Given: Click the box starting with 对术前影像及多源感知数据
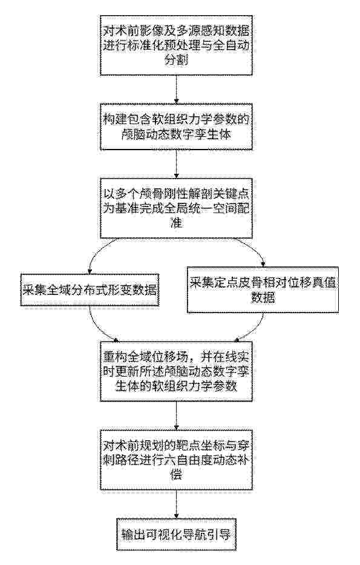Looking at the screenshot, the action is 177,45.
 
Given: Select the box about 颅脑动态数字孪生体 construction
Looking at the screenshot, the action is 177,127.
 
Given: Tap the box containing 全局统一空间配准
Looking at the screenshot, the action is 177,208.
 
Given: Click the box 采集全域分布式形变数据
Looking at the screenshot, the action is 90,290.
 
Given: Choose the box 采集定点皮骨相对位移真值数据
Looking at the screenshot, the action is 263,289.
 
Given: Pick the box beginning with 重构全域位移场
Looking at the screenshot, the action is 177,371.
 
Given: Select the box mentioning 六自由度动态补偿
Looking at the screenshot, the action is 177,460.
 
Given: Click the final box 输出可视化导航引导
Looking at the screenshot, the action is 177,534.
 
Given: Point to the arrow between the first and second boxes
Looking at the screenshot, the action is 177,90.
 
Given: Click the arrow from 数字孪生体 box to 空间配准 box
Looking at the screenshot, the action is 177,164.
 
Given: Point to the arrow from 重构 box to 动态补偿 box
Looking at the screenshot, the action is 177,415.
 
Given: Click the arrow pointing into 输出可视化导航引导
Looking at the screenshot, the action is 177,504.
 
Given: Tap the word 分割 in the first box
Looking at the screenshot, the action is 176,60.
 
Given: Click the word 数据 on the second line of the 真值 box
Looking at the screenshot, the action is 263,298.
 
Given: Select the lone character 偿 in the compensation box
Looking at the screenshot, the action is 176,475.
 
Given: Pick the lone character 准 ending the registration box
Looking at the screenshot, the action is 177,223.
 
